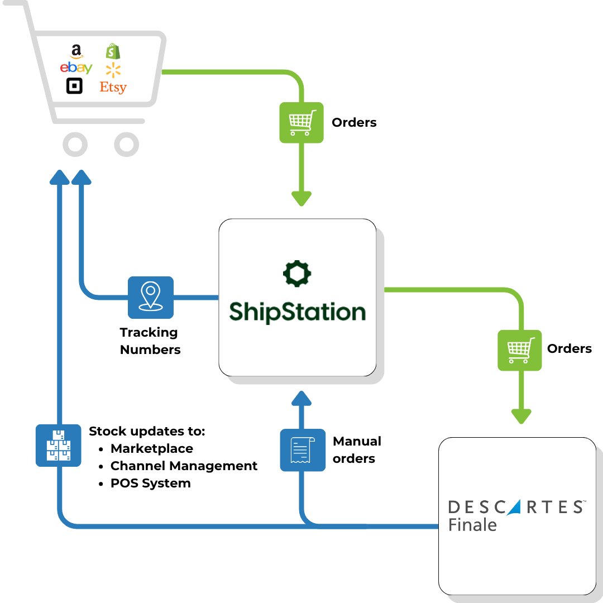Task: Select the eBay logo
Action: (76, 69)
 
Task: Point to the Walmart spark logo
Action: (113, 70)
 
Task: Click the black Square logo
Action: (74, 87)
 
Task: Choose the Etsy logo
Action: (113, 87)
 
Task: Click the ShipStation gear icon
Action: (297, 274)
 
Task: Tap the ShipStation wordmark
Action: (297, 312)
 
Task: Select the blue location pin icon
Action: (151, 297)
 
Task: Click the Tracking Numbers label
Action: (150, 341)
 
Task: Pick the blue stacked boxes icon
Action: (58, 445)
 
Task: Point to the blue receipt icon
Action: (303, 450)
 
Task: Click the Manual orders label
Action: (356, 450)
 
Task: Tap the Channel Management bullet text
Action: (184, 466)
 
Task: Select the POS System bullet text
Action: (150, 483)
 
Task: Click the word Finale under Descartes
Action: (472, 525)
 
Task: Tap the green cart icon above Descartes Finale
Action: (520, 350)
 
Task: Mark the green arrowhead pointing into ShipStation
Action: (301, 198)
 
